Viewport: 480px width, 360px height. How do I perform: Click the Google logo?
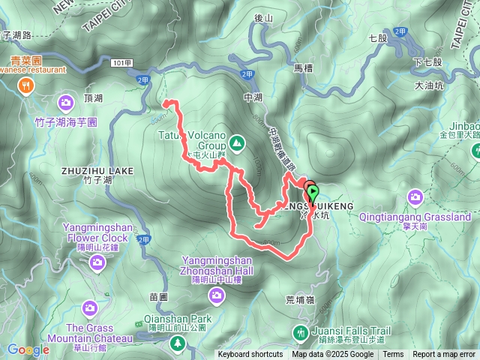[28, 349]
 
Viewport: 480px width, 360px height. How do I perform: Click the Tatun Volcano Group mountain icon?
[237, 142]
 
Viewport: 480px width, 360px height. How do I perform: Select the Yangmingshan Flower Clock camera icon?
[97, 262]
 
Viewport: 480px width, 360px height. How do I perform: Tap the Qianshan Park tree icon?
[177, 343]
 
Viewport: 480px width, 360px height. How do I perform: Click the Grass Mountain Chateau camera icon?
[89, 307]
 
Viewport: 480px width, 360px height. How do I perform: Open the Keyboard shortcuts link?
[250, 355]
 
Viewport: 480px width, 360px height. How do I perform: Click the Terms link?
[393, 355]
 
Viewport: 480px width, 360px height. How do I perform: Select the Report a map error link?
[444, 355]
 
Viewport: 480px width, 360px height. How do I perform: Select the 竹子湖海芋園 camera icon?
[66, 101]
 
